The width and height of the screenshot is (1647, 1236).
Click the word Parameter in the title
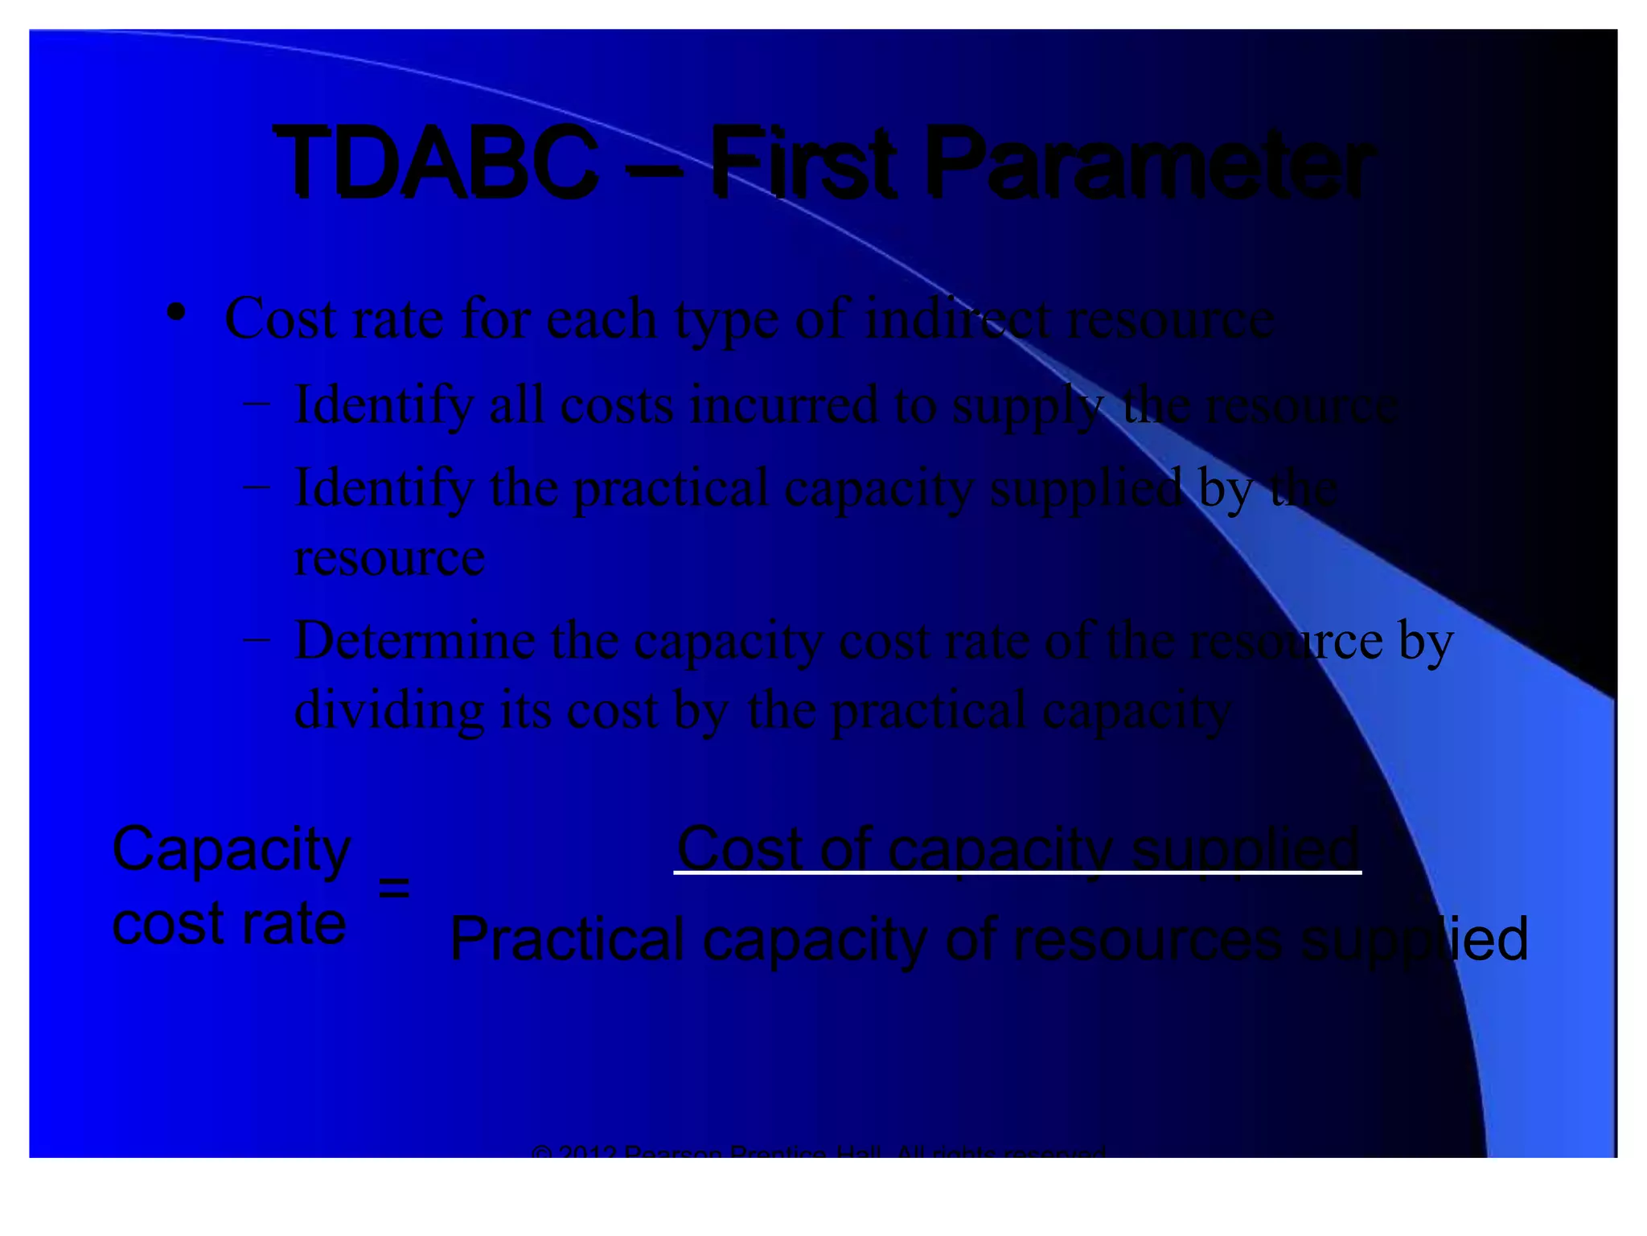1150,165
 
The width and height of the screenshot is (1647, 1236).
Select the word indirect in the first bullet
957,319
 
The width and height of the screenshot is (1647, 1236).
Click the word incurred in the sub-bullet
784,404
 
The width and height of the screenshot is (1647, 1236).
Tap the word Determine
415,641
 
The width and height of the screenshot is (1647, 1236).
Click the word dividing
389,711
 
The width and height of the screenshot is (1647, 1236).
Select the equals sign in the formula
394,888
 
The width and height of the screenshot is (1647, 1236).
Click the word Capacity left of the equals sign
232,850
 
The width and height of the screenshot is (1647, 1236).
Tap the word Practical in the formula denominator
567,939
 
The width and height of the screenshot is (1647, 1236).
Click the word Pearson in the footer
673,1151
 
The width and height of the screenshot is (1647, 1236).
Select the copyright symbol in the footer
542,1152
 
